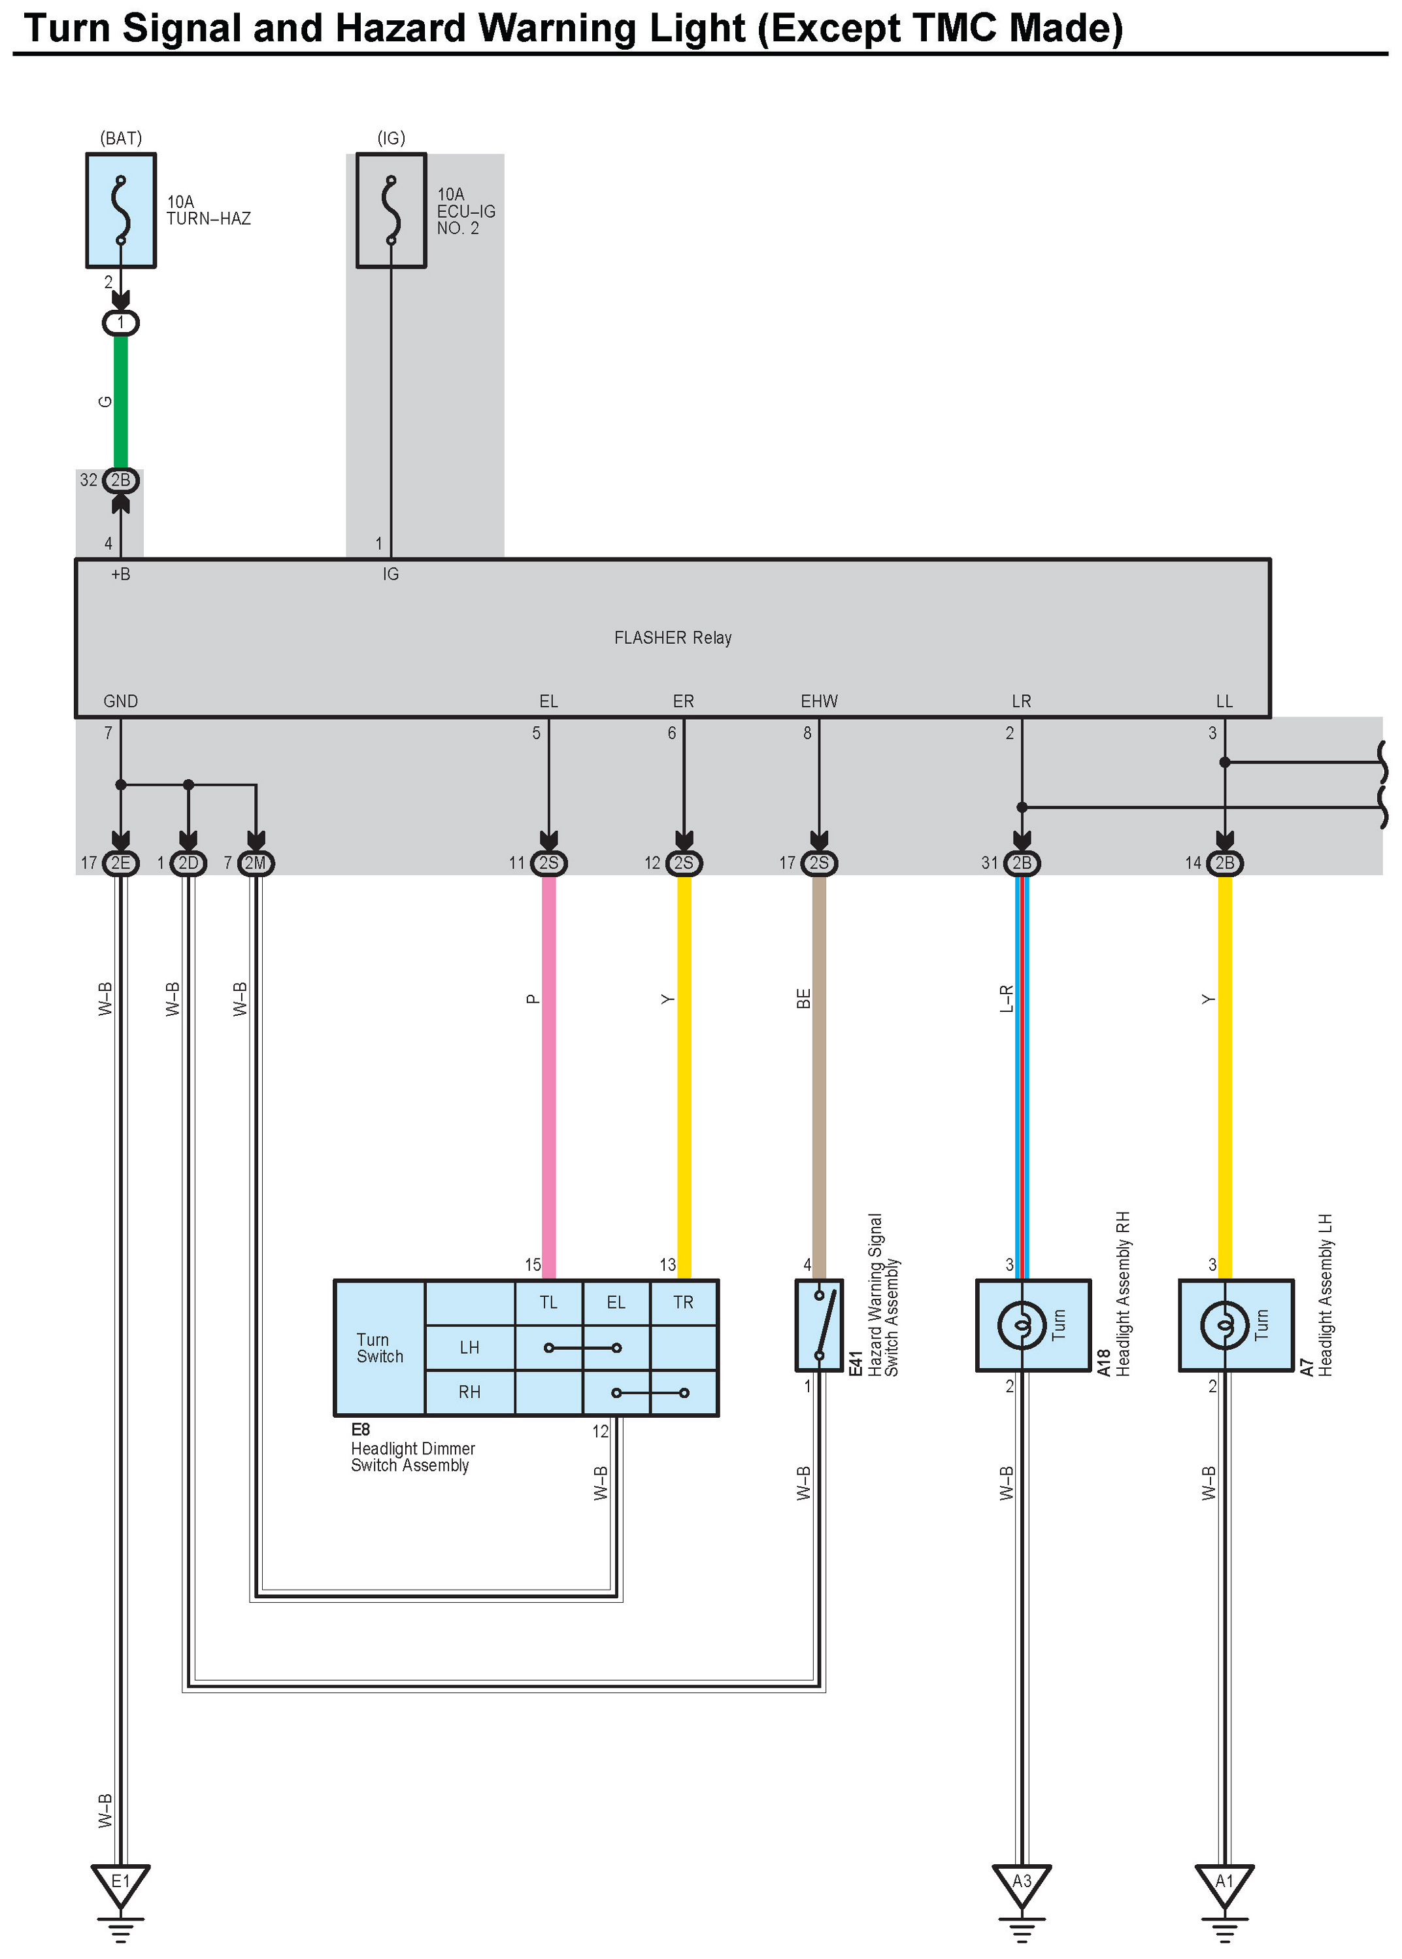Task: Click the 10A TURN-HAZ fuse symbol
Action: [x=121, y=210]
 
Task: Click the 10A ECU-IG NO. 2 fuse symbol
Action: [x=391, y=210]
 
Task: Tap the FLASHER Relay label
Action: [x=673, y=638]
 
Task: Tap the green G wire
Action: [x=121, y=401]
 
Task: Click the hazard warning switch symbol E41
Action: [x=819, y=1324]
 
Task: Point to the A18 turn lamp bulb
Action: [x=1022, y=1324]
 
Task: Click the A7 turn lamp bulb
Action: [x=1225, y=1324]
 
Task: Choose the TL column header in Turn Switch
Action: [x=549, y=1302]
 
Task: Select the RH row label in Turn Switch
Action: [x=470, y=1392]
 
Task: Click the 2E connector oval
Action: [x=121, y=863]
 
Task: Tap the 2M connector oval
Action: [x=256, y=863]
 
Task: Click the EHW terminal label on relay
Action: [x=819, y=701]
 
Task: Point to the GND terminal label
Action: [x=121, y=701]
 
